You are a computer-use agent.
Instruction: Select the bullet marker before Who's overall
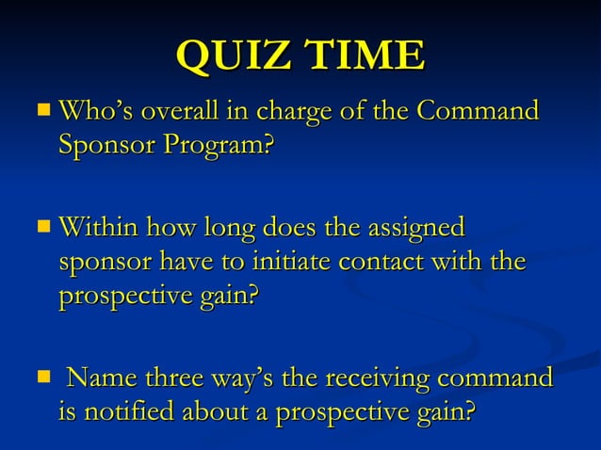(44, 112)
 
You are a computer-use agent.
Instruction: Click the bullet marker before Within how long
(44, 228)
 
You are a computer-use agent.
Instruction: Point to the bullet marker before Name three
(44, 379)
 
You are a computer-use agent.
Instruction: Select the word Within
(97, 229)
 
